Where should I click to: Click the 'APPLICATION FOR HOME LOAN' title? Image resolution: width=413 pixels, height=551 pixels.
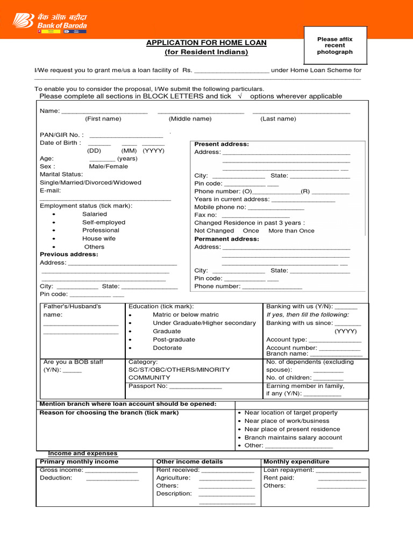click(206, 43)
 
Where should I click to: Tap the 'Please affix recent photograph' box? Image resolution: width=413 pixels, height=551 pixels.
click(334, 46)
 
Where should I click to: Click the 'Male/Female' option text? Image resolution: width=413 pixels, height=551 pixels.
click(105, 166)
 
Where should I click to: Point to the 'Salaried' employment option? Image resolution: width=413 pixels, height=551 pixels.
click(95, 214)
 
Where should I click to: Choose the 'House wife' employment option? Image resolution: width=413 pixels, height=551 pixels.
click(99, 238)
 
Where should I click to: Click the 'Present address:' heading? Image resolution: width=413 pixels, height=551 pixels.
click(222, 144)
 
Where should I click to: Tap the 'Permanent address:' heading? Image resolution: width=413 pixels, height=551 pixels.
click(226, 239)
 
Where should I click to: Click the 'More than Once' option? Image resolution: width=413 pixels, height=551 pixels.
click(291, 231)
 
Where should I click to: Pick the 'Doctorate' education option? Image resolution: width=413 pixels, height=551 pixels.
click(167, 348)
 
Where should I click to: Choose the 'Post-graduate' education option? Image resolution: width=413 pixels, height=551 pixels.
click(174, 340)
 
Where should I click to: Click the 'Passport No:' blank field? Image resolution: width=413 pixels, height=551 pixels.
click(195, 387)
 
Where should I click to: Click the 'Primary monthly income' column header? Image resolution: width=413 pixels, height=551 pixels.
click(79, 462)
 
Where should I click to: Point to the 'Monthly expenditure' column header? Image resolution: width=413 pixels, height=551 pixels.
click(296, 462)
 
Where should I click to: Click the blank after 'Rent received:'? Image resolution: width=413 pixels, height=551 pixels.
click(227, 471)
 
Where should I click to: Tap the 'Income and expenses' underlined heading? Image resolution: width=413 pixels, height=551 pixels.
click(83, 454)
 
